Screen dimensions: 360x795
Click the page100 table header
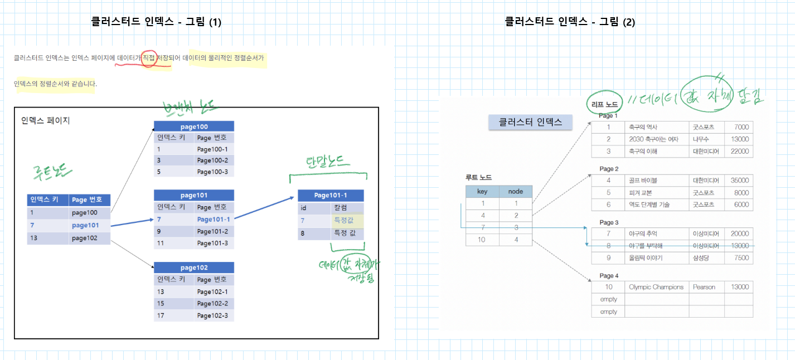pos(194,127)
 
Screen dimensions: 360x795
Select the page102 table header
pos(194,267)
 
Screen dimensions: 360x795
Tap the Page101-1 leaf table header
pos(331,195)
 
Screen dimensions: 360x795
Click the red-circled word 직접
pos(149,57)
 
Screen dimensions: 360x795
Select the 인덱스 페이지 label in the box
pos(46,120)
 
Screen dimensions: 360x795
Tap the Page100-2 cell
pos(212,160)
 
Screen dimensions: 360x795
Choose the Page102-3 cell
pos(212,316)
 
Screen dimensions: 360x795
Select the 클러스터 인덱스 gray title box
pos(530,122)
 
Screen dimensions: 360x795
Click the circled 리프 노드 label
pos(605,104)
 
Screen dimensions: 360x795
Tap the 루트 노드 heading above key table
pos(479,178)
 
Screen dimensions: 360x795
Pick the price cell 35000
pos(739,181)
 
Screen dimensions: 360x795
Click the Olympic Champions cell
pos(656,287)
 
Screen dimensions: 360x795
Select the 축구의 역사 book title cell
pos(644,127)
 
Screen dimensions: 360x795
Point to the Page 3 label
pos(609,222)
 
